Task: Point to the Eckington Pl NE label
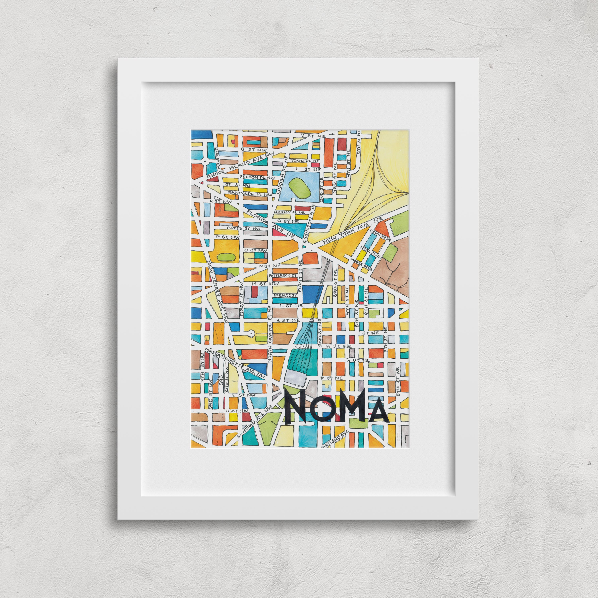310,229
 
